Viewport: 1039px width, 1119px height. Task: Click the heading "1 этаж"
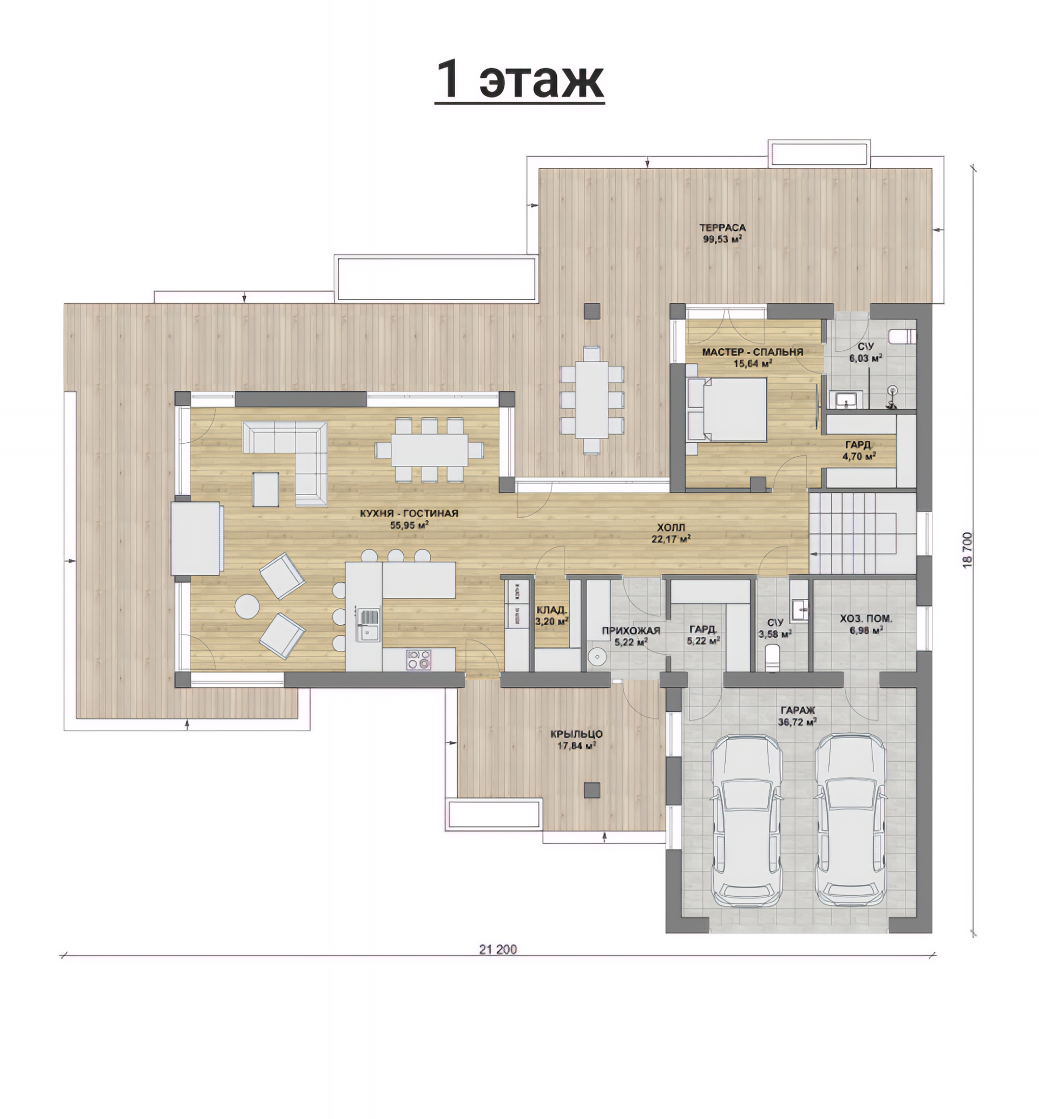(519, 79)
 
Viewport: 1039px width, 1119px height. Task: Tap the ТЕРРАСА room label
(722, 228)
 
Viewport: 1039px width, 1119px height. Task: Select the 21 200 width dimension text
(497, 949)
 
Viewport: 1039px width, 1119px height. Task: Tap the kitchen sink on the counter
(369, 625)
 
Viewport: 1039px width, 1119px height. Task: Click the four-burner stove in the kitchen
(419, 660)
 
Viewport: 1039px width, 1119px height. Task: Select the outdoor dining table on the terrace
(592, 400)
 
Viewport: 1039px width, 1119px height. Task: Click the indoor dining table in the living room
(430, 449)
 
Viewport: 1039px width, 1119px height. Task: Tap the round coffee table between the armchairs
(247, 607)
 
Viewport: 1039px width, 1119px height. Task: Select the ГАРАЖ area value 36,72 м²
(797, 721)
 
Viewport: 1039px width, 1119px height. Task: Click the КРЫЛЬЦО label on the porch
(576, 734)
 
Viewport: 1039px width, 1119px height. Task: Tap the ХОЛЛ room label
(670, 528)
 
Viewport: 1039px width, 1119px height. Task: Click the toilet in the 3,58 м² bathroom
(773, 657)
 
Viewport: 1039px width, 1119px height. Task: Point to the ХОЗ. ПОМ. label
(866, 618)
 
